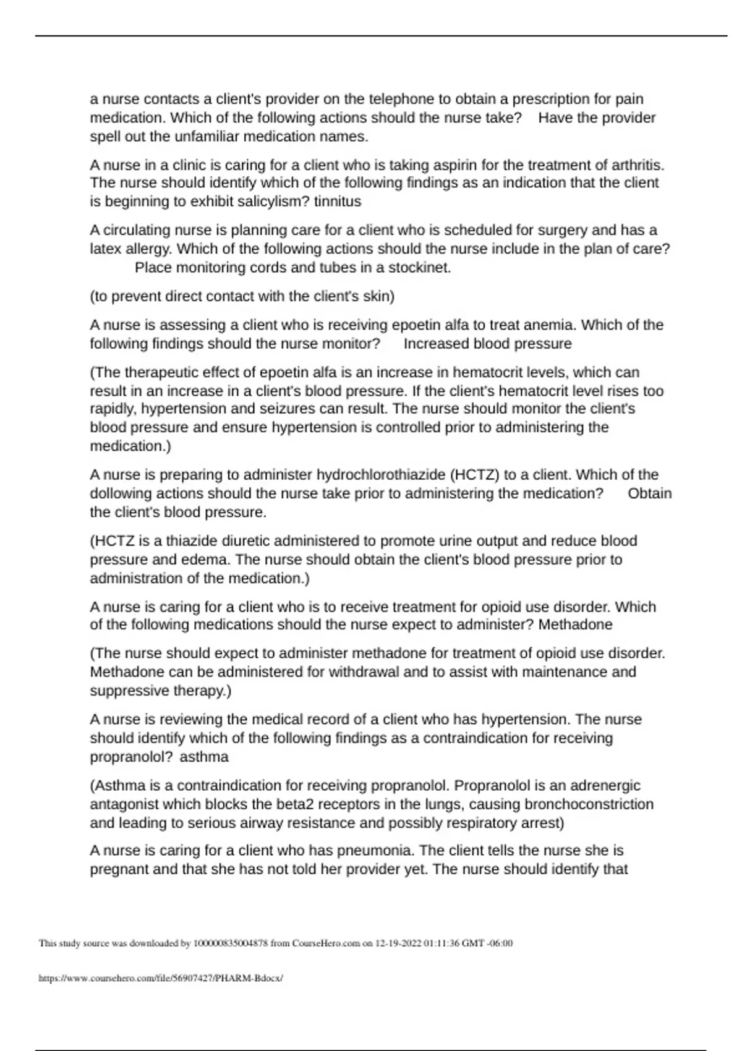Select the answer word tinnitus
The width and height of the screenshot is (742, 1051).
(x=338, y=202)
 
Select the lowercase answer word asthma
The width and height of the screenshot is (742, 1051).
(x=204, y=757)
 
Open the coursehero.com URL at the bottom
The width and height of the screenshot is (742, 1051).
(x=161, y=978)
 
